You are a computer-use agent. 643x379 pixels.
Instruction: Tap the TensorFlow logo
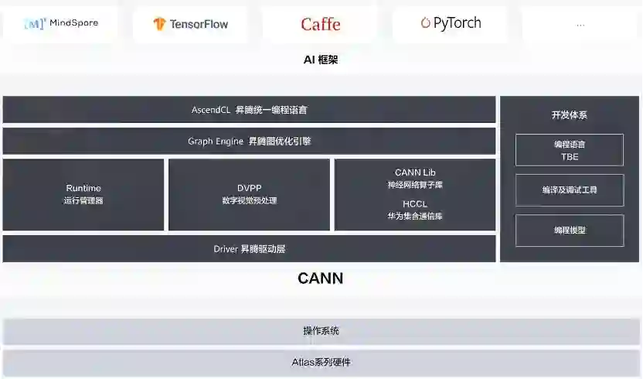pos(190,24)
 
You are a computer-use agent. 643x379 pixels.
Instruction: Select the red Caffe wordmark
pos(320,24)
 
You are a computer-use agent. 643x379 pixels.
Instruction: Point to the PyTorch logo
pos(451,23)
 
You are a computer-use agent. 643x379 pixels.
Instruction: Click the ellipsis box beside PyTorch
pos(580,24)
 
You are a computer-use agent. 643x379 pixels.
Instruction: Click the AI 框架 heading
pos(321,60)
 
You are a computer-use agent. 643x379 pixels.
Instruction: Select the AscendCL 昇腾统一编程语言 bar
pos(249,110)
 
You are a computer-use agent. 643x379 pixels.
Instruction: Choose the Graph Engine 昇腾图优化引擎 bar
pos(249,142)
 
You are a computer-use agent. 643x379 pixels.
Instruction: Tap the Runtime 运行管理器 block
pos(83,194)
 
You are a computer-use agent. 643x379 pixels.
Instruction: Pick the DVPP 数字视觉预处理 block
pos(249,194)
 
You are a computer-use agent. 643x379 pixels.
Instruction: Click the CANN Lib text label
pos(415,172)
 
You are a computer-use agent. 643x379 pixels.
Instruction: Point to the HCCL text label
pos(415,204)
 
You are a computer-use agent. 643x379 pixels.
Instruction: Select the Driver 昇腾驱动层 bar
pos(249,249)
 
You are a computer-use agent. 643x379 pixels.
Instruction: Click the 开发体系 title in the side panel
pos(569,115)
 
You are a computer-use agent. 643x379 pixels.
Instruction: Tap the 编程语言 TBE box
pos(569,150)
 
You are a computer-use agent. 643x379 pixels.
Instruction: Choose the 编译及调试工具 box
pos(569,189)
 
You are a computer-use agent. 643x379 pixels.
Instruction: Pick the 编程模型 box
pos(569,230)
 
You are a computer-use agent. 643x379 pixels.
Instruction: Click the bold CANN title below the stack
pos(320,278)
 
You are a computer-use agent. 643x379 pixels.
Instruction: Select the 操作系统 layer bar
pos(321,331)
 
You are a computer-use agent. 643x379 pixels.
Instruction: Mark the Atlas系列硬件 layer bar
pos(321,362)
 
